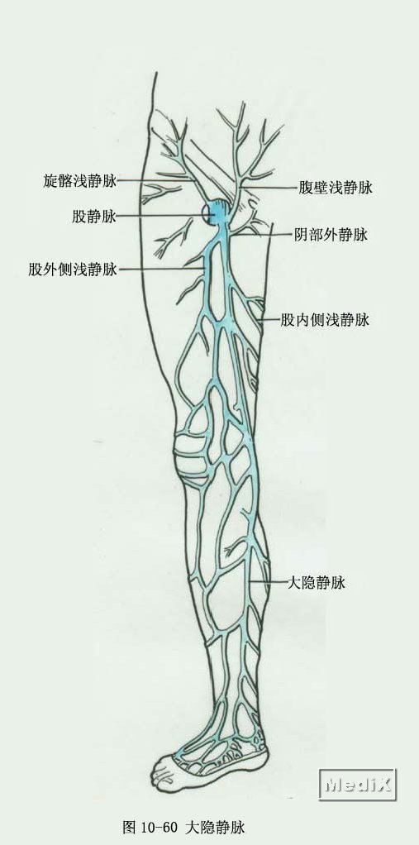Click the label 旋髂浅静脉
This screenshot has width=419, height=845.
tap(79, 181)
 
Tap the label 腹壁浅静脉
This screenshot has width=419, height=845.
tap(336, 188)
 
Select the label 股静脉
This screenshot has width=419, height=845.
tap(94, 217)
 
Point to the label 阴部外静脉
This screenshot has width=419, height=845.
tap(331, 235)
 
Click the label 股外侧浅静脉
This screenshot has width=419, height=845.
tap(73, 269)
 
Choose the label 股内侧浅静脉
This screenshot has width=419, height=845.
tap(325, 320)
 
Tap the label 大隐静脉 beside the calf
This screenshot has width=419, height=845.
tap(317, 582)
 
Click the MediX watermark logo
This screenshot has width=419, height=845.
tap(357, 785)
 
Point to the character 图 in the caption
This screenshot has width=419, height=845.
tap(129, 827)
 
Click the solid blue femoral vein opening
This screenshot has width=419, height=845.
tap(219, 212)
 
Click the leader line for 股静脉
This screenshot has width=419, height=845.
tap(163, 217)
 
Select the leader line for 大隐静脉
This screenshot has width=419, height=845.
tap(268, 583)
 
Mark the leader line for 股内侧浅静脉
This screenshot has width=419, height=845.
tap(269, 321)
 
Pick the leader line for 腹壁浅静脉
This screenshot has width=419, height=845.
tap(269, 187)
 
